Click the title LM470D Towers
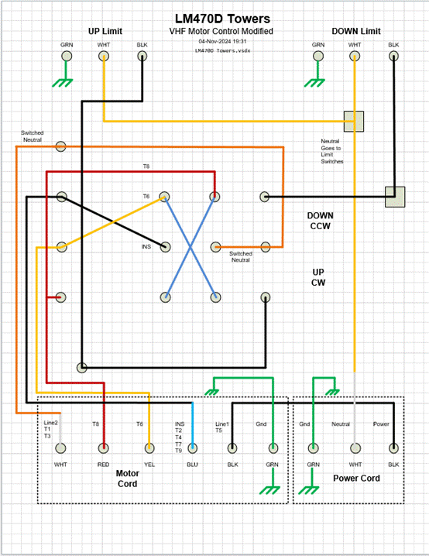(222, 19)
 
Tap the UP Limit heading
(105, 31)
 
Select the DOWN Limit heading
(356, 31)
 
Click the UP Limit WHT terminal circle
(104, 56)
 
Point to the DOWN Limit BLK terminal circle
(393, 56)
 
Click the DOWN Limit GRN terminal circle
(318, 56)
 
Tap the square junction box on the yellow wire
(354, 122)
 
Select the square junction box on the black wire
(395, 197)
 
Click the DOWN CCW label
(320, 221)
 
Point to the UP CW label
(318, 277)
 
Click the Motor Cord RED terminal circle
(104, 448)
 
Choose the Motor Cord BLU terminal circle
(193, 448)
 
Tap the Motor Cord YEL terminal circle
(149, 448)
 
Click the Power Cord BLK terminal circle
(393, 448)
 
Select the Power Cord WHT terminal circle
(355, 448)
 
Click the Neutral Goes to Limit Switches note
(332, 152)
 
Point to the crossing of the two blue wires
(190, 247)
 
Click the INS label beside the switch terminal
(146, 246)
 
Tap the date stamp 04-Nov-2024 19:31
(222, 41)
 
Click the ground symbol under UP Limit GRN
(63, 83)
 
